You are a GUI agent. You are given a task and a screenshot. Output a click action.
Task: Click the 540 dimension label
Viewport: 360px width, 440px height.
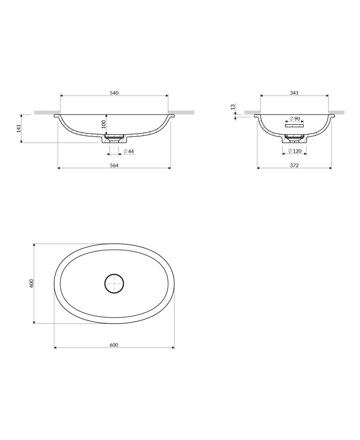(114, 93)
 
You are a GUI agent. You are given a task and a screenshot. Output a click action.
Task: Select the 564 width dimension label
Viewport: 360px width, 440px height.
(114, 166)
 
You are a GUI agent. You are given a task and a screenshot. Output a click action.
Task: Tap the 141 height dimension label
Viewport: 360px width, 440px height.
(19, 129)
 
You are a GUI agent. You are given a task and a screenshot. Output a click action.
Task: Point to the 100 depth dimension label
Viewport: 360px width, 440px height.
(103, 124)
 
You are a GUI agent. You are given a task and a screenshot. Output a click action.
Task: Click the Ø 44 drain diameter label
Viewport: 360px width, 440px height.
(129, 152)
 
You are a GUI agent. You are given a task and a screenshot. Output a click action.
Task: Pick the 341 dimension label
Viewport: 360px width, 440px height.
(294, 93)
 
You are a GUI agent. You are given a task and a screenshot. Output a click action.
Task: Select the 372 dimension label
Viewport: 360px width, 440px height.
(294, 166)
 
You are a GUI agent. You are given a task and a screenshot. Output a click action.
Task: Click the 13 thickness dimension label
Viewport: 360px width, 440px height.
(232, 107)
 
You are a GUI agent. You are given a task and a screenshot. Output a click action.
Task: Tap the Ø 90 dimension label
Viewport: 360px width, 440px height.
(295, 118)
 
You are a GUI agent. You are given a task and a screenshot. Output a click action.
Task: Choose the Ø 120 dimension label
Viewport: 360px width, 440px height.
(295, 151)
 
